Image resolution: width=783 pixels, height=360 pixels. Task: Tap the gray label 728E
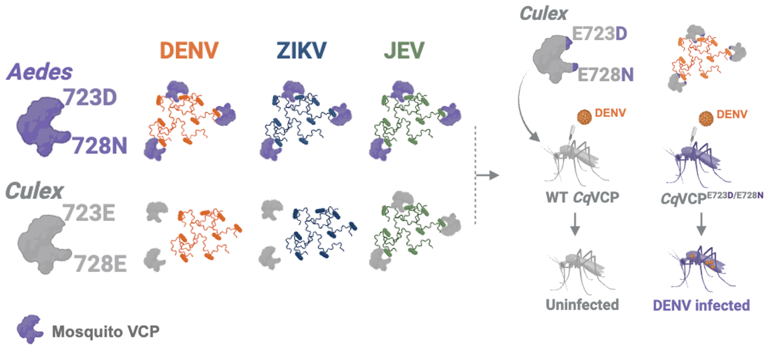click(100, 262)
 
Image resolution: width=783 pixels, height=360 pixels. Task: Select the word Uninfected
click(582, 305)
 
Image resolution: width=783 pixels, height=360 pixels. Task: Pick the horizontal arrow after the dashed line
click(490, 175)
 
